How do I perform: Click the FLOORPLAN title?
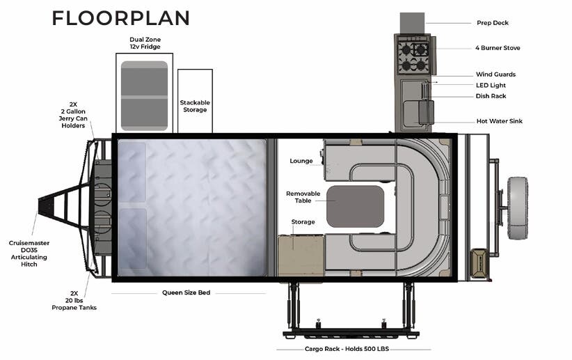(x=120, y=18)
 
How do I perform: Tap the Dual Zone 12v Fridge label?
(x=145, y=43)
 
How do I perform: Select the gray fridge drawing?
(x=144, y=95)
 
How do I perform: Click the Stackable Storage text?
(x=195, y=106)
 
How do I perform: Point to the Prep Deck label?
(x=492, y=23)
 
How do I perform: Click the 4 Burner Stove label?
(x=498, y=48)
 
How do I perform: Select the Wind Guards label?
(x=495, y=75)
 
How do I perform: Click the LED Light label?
(x=491, y=86)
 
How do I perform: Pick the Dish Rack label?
(x=491, y=96)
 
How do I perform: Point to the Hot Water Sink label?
(x=499, y=121)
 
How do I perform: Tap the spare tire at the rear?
(x=517, y=208)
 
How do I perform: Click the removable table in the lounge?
(x=355, y=206)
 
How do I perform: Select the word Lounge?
(x=301, y=161)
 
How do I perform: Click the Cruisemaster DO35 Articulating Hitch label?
(x=29, y=254)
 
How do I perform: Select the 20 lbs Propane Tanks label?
(x=73, y=302)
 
